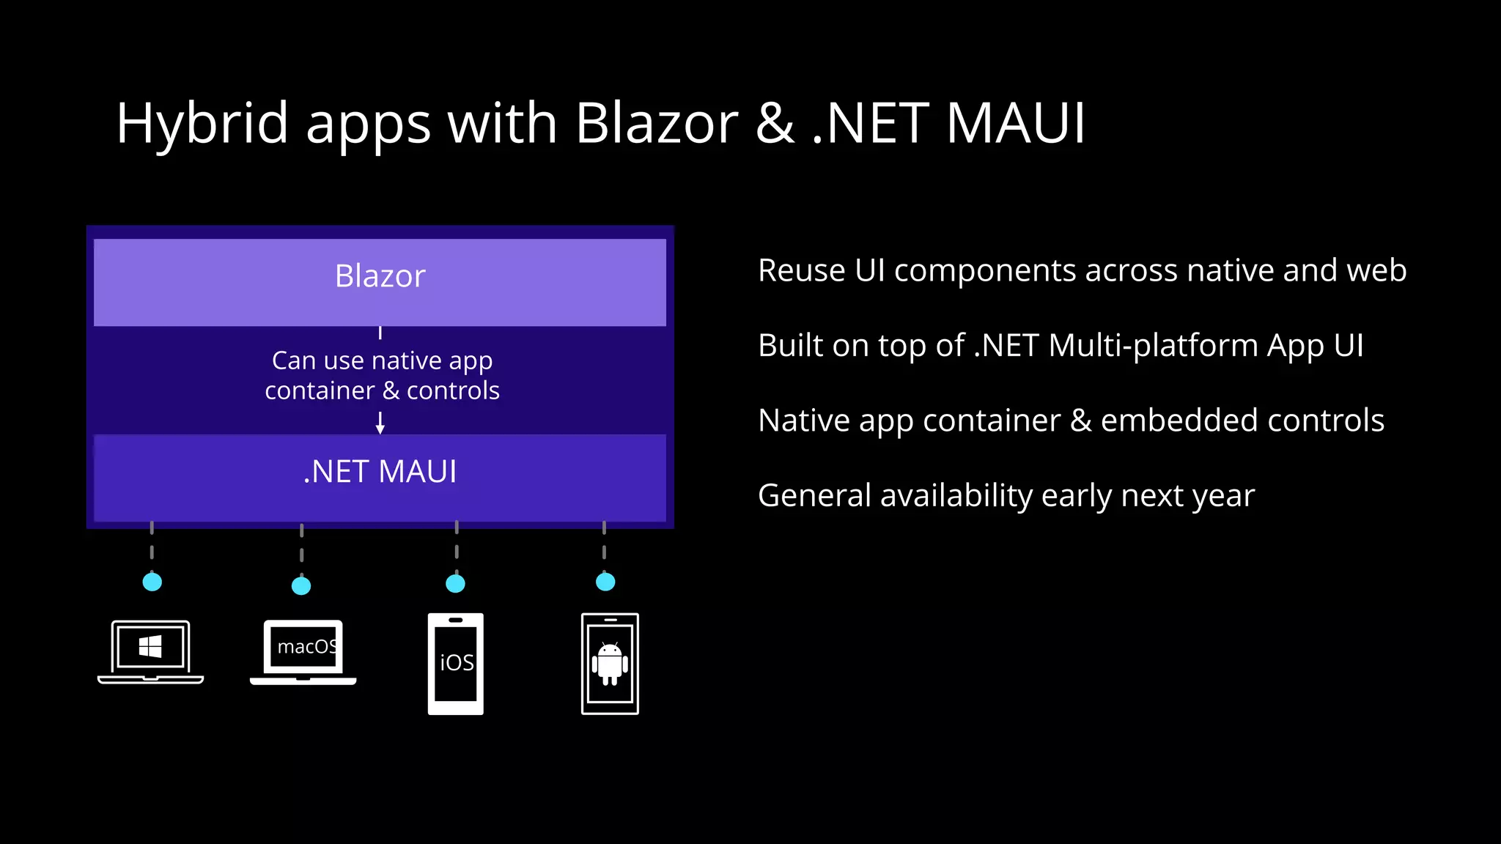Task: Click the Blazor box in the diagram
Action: (x=380, y=281)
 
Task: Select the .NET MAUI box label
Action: (x=380, y=471)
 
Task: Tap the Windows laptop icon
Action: (x=150, y=651)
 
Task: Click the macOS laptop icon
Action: (x=303, y=651)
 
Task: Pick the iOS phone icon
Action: (x=455, y=663)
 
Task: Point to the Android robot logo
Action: (x=610, y=663)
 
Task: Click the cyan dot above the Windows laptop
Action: (x=152, y=582)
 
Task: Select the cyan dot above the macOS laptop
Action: (x=301, y=585)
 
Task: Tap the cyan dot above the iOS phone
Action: (x=455, y=583)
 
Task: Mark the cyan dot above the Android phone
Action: (x=605, y=582)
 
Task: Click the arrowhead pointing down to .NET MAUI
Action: (x=380, y=429)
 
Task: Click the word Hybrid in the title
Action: (x=202, y=123)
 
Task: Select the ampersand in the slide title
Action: (x=774, y=123)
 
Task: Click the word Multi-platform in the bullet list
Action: (x=1153, y=346)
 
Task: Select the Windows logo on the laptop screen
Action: (x=150, y=646)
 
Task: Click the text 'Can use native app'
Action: (x=382, y=360)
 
